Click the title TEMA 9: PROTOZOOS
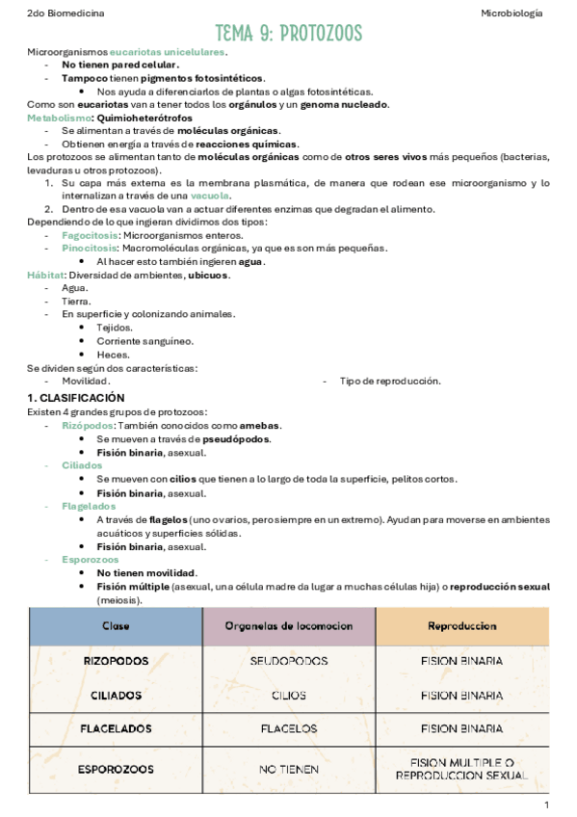pyautogui.click(x=289, y=35)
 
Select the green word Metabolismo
pyautogui.click(x=57, y=118)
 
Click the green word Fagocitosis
pyautogui.click(x=91, y=235)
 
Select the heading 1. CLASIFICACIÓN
pyautogui.click(x=76, y=398)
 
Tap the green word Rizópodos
pyautogui.click(x=88, y=425)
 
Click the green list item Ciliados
pyautogui.click(x=82, y=465)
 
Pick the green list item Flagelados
pyautogui.click(x=89, y=506)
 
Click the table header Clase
pyautogui.click(x=116, y=626)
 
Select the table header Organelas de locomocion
pyautogui.click(x=289, y=626)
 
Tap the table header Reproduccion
pyautogui.click(x=461, y=626)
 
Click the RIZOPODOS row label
pyautogui.click(x=116, y=661)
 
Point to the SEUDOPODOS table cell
pyautogui.click(x=289, y=661)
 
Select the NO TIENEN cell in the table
pyautogui.click(x=289, y=769)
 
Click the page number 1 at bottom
pyautogui.click(x=546, y=804)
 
